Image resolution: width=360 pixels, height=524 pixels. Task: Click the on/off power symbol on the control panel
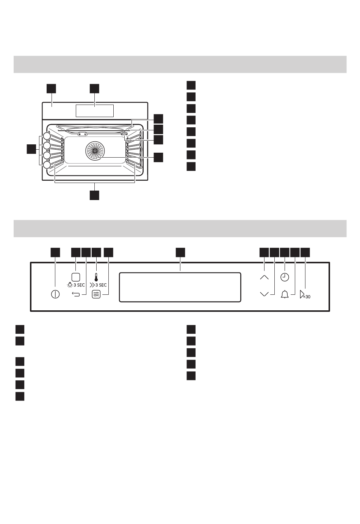(55, 294)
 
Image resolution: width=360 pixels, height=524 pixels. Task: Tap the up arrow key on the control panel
(265, 277)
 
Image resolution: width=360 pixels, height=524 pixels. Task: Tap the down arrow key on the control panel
(265, 294)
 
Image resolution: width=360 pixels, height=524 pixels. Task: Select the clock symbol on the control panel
(285, 277)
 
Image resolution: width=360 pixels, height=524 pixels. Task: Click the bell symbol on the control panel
(285, 294)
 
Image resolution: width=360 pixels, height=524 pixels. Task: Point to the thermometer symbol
(96, 276)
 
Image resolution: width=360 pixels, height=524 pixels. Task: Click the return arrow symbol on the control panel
(76, 294)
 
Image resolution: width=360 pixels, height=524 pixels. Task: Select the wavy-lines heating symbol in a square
(96, 294)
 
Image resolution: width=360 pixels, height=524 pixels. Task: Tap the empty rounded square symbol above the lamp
(76, 277)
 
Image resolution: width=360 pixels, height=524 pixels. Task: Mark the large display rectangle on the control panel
(180, 287)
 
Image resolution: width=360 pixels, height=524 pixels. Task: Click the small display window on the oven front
(95, 111)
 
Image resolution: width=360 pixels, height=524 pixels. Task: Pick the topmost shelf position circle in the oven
(47, 136)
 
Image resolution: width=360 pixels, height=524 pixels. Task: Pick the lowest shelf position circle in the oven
(47, 165)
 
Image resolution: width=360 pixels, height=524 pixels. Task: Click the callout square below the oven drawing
(94, 195)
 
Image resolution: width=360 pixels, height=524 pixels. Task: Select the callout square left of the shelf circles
(31, 149)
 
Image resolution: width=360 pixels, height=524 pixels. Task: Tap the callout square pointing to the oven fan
(158, 157)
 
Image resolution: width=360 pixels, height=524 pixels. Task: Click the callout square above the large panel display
(180, 252)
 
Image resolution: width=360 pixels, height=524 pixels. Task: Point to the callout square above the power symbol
(55, 252)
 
